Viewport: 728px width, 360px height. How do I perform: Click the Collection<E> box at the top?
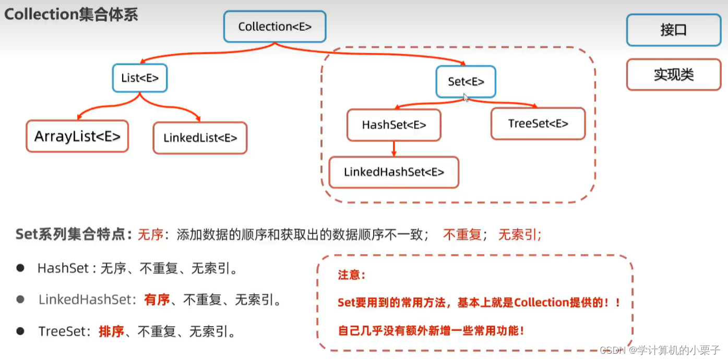click(x=275, y=27)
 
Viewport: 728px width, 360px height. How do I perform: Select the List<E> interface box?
click(x=139, y=78)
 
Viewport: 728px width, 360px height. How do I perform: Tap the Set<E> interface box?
click(x=466, y=81)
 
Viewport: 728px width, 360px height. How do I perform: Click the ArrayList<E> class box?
click(x=77, y=136)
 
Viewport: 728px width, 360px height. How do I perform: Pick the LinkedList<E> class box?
click(x=200, y=138)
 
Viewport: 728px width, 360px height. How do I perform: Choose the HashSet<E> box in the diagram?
click(x=393, y=125)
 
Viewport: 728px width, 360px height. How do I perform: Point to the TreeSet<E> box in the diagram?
click(x=538, y=124)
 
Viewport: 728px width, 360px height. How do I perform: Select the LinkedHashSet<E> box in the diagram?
click(x=393, y=172)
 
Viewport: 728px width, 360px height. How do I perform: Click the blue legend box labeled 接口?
click(x=673, y=30)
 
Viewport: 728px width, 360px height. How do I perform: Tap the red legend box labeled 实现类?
click(x=673, y=75)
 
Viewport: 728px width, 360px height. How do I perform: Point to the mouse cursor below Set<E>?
click(x=466, y=97)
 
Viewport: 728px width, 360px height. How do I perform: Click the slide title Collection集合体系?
click(x=71, y=14)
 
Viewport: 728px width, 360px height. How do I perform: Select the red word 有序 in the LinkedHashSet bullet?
click(x=157, y=300)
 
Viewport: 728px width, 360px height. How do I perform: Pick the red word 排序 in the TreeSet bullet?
click(x=111, y=331)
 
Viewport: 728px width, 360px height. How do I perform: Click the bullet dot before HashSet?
click(x=20, y=268)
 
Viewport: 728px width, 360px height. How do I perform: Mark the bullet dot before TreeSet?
click(x=20, y=331)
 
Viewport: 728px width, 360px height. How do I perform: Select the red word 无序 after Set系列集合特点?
click(x=150, y=235)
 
